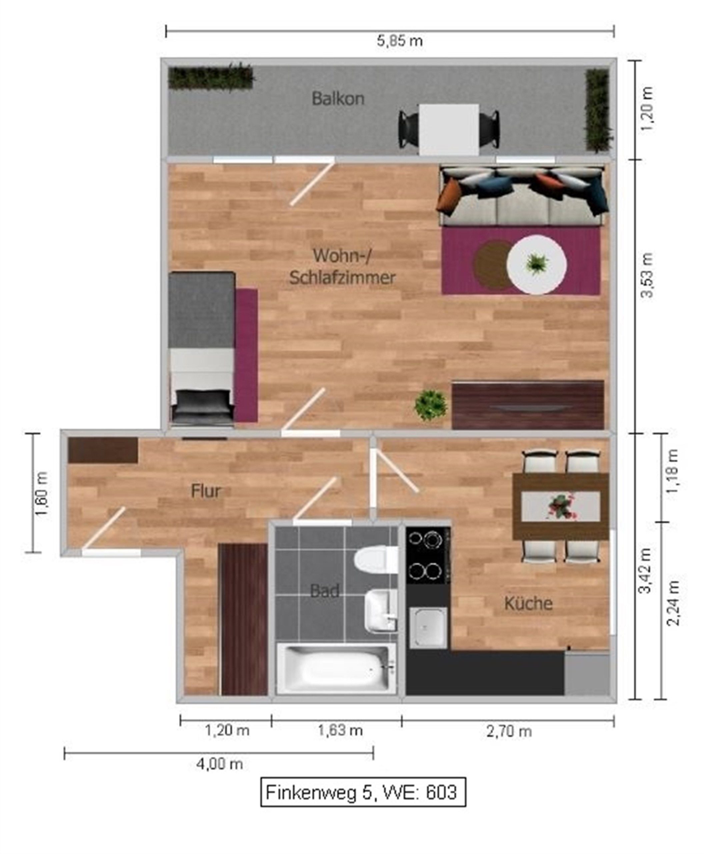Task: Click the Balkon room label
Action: click(338, 99)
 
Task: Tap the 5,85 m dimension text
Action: click(400, 41)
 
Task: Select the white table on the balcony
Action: click(449, 129)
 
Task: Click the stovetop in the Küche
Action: click(428, 555)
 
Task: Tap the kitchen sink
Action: click(428, 627)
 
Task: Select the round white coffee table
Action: click(537, 265)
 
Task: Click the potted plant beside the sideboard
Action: click(430, 405)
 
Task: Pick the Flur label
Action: click(206, 491)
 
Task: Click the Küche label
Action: click(528, 603)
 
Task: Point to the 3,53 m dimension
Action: click(647, 275)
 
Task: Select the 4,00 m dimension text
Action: click(219, 764)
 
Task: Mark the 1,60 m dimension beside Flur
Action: click(42, 494)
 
